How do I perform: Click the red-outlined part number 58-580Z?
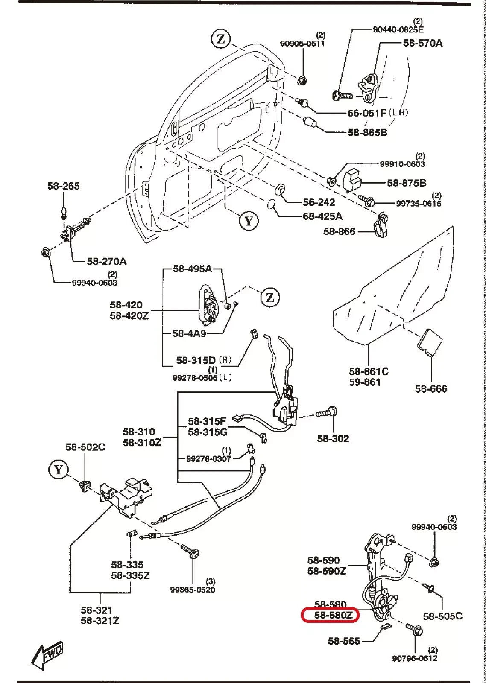point(330,615)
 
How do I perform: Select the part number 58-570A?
point(423,43)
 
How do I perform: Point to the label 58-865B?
point(367,132)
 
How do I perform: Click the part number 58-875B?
point(407,183)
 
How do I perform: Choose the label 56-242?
point(319,202)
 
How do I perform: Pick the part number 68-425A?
point(322,216)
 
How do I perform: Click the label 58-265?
point(63,186)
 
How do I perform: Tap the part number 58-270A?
point(107,261)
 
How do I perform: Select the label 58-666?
point(431,388)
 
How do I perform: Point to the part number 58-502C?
point(85,447)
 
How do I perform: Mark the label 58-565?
point(344,641)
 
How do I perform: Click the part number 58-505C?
point(443,616)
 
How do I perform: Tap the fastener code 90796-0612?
point(415,659)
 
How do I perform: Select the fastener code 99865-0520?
point(193,590)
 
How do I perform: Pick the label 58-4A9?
point(189,333)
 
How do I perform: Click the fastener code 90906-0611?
point(302,44)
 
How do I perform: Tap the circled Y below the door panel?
point(249,221)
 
